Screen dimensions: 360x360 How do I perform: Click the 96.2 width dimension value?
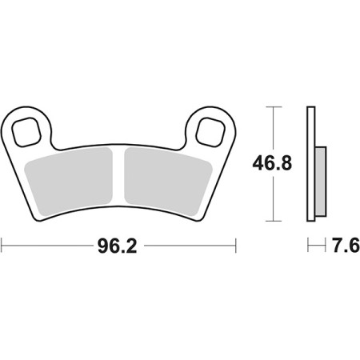pyautogui.click(x=118, y=246)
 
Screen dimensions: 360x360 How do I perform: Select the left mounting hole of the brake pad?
pyautogui.click(x=30, y=126)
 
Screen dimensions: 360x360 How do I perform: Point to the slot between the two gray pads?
pyautogui.click(x=120, y=172)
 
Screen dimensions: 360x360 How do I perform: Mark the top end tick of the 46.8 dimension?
pyautogui.click(x=274, y=106)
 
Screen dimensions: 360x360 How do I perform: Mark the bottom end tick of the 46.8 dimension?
pyautogui.click(x=274, y=222)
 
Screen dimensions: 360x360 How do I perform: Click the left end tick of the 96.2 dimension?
pyautogui.click(x=2, y=246)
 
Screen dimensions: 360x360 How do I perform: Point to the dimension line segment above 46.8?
pyautogui.click(x=274, y=128)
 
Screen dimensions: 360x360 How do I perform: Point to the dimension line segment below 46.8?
pyautogui.click(x=274, y=200)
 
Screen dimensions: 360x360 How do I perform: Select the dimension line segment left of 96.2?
pyautogui.click(x=48, y=246)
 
